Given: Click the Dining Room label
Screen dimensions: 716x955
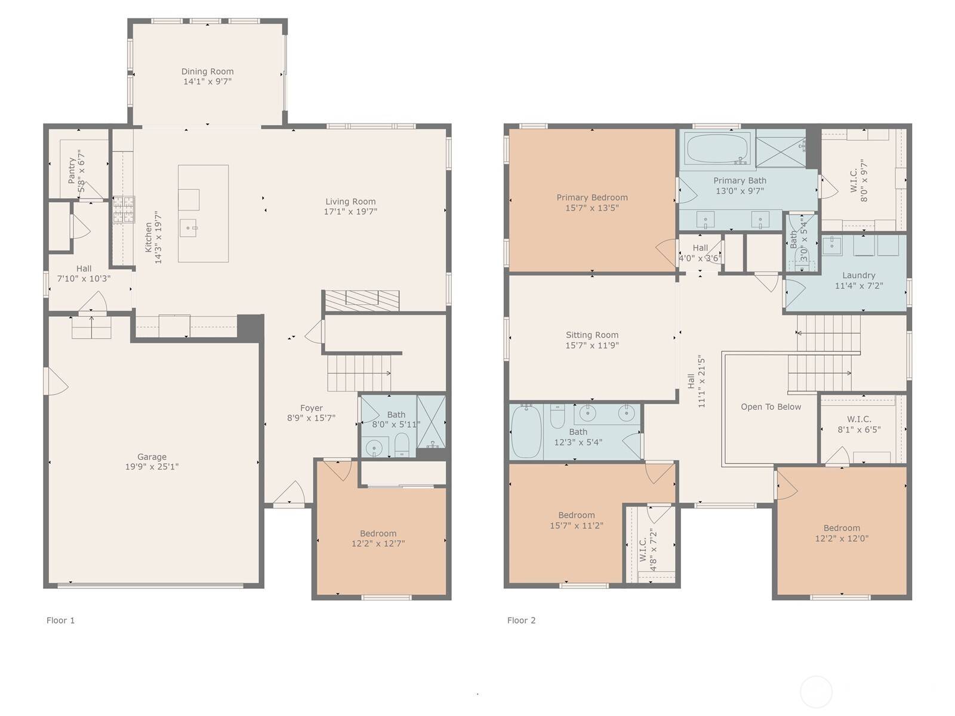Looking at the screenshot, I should coord(207,72).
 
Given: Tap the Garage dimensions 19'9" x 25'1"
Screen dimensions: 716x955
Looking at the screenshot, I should coord(152,467).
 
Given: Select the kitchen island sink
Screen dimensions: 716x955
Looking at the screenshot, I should coord(189,227).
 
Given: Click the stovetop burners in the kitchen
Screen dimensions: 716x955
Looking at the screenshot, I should coord(124,209).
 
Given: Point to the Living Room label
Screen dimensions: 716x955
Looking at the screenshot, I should coord(350,202).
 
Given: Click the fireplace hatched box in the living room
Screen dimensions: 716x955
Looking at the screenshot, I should coord(361,300).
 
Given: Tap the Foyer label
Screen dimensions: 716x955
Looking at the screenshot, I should coord(311,408).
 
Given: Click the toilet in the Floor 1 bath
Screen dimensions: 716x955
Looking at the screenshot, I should coord(402,445).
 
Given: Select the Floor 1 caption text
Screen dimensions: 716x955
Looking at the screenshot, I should coord(60,621).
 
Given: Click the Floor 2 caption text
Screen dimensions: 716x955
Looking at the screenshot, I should coord(521,621).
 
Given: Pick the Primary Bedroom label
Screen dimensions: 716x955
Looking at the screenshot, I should coord(592,197).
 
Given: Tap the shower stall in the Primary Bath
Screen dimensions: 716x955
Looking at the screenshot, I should coord(780,152).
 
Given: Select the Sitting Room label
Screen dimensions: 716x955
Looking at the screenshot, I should coord(592,335).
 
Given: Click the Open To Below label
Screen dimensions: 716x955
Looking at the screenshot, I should coord(771,407).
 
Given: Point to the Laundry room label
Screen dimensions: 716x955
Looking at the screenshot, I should coord(858,275).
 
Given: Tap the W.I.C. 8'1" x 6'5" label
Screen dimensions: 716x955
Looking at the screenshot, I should coord(858,419).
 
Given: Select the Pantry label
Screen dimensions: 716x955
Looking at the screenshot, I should coord(72,171).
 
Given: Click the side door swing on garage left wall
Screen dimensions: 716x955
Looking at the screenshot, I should coord(55,381).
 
